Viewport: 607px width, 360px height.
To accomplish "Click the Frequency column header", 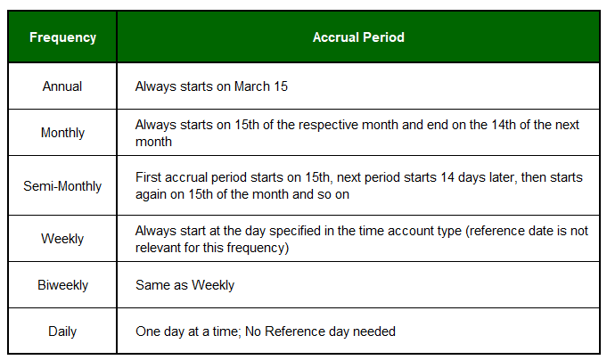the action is (x=62, y=37).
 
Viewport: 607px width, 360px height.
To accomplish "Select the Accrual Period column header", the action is (x=358, y=37).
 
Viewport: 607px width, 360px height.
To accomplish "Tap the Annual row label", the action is (x=62, y=86).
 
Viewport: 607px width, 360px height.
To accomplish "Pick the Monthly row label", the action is (x=62, y=133).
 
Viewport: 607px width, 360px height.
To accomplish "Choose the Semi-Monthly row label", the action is (x=62, y=186).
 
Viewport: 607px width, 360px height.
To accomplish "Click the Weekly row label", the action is (x=62, y=239).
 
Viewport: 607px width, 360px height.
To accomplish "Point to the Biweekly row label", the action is (x=62, y=285).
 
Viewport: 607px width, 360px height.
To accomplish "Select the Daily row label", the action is (x=62, y=331).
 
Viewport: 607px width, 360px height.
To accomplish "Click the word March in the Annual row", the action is (x=252, y=86).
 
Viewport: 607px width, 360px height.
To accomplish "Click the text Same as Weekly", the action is (x=185, y=285).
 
